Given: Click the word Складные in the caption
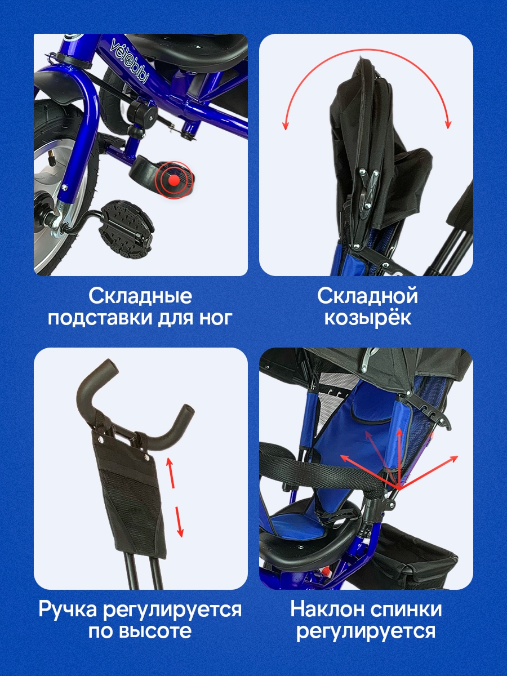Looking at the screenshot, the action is point(140,296).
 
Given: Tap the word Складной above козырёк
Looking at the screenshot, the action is point(367,296).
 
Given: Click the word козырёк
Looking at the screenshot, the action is point(367,318).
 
